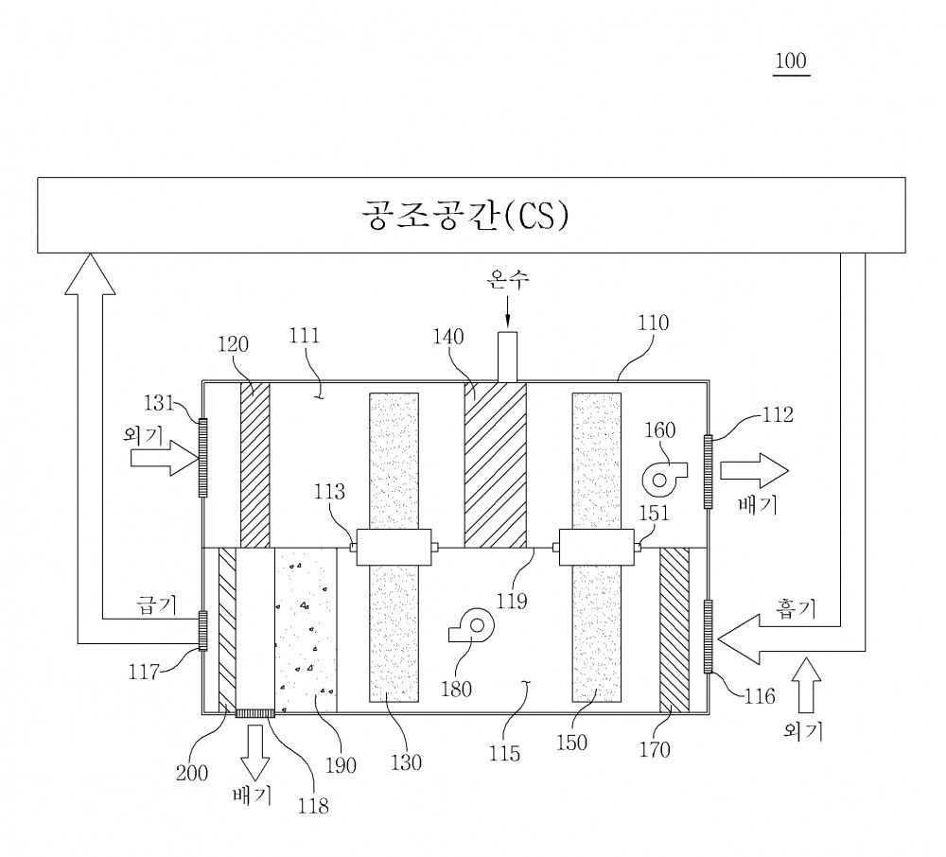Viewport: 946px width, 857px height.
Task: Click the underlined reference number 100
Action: (791, 61)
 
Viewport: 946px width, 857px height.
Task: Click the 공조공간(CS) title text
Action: (465, 216)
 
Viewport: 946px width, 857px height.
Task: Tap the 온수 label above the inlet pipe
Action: (508, 279)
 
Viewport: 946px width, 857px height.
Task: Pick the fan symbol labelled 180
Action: (472, 625)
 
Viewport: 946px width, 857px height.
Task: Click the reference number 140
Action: (448, 337)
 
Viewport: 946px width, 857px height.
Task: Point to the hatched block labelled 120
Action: (255, 465)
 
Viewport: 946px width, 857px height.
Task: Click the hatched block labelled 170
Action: (674, 630)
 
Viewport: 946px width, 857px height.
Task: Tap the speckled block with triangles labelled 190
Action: (306, 630)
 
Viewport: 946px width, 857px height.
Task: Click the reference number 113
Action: (329, 492)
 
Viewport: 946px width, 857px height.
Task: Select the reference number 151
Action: (654, 513)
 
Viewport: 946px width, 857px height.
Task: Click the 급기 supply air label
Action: (157, 604)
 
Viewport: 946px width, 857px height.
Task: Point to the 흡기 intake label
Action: (796, 608)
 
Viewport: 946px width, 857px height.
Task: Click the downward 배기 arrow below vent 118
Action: (255, 753)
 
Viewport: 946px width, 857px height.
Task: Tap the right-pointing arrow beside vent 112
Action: (755, 470)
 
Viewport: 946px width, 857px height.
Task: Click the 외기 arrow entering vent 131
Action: (165, 458)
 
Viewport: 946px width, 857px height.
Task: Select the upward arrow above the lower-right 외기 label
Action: (806, 686)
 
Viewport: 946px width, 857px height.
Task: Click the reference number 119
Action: (512, 601)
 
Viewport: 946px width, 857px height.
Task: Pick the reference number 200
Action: (192, 773)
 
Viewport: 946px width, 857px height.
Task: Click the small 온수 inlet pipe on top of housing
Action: (507, 357)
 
